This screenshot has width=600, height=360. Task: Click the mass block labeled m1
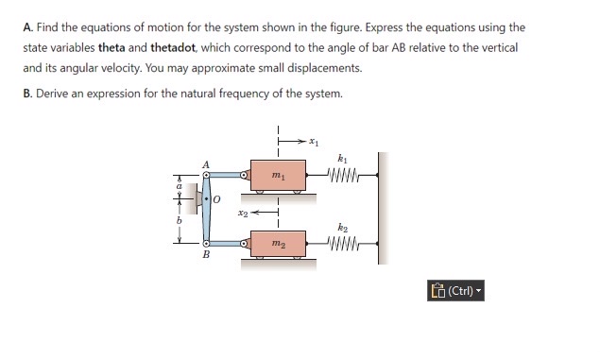(276, 175)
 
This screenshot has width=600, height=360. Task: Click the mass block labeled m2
(276, 244)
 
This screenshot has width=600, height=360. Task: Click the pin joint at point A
(205, 174)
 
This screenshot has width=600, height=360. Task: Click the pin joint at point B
(205, 243)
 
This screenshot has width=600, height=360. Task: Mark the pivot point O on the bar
(205, 198)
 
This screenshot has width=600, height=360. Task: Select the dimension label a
(176, 187)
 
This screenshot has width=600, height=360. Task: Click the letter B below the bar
(205, 256)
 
